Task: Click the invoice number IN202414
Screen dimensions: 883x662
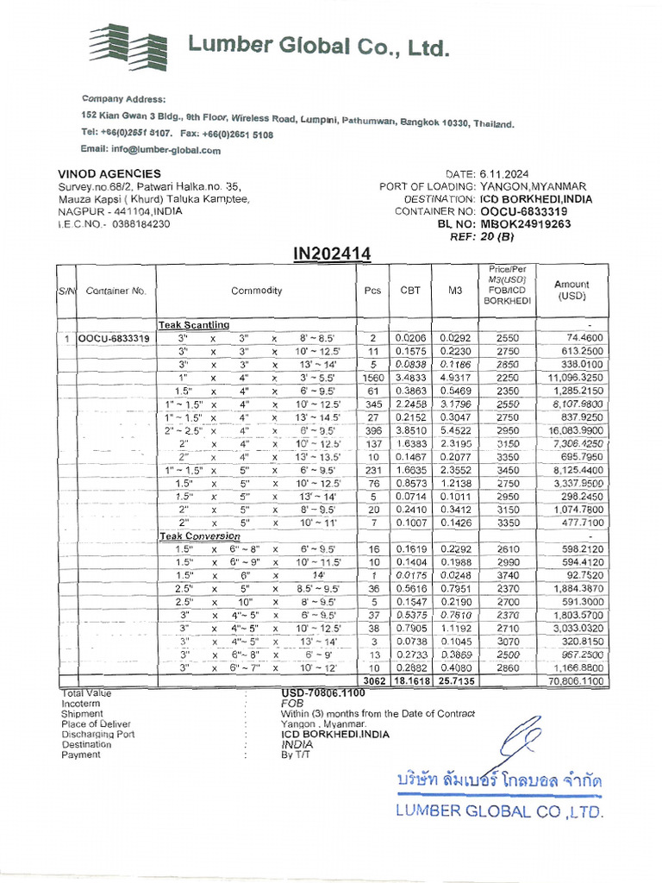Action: [x=333, y=254]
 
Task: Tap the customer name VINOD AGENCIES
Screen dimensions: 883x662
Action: [x=109, y=174]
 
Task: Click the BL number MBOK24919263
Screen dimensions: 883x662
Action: [x=526, y=223]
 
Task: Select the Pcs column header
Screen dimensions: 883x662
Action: [x=372, y=291]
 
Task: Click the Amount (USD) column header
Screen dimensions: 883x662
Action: [x=571, y=290]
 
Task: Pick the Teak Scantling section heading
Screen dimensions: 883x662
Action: [x=194, y=325]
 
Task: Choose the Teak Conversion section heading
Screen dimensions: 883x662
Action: [x=197, y=536]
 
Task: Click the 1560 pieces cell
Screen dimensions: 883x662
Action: [x=372, y=378]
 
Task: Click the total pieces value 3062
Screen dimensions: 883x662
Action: [x=373, y=681]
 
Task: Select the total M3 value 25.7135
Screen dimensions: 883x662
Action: [x=455, y=681]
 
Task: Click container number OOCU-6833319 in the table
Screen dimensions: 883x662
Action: [x=114, y=339]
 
